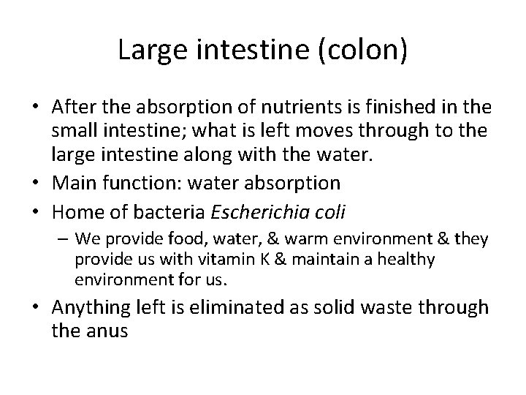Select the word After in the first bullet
72,108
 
